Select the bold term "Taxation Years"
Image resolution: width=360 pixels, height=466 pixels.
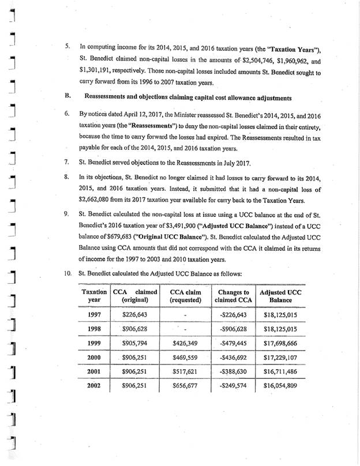pyautogui.click(x=302, y=47)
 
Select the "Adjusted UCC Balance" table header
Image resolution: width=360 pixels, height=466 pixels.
pyautogui.click(x=280, y=296)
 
